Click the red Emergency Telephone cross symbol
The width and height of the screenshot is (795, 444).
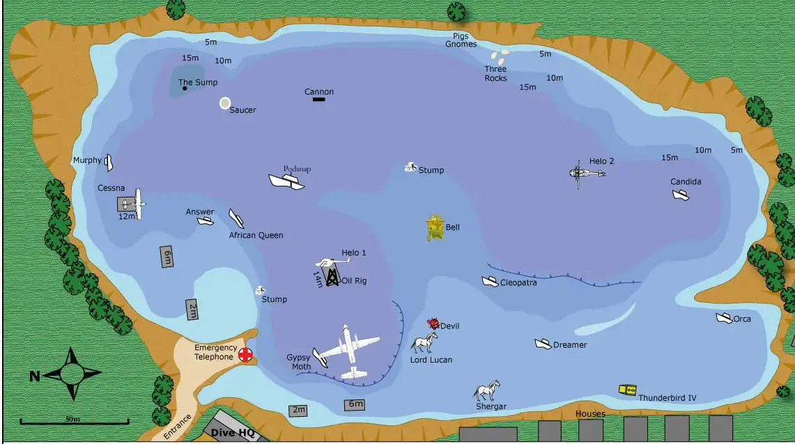[x=245, y=354]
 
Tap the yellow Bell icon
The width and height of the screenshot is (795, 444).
[x=435, y=228]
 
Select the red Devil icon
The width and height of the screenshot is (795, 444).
[x=433, y=324]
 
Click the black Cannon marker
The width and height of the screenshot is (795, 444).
[x=319, y=100]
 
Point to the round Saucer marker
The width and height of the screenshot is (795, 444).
[x=225, y=103]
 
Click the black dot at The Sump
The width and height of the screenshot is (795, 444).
[x=184, y=88]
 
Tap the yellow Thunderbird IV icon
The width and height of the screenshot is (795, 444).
[x=627, y=390]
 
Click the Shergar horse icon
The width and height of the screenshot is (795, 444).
[x=487, y=390]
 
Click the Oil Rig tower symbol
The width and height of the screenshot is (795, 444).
[x=332, y=276]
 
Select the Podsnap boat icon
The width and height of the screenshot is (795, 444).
[x=286, y=181]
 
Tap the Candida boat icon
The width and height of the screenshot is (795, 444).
[x=680, y=195]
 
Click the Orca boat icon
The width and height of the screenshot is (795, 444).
[x=723, y=318]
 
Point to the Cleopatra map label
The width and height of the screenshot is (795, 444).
[x=518, y=283]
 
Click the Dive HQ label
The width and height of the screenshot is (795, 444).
[x=232, y=433]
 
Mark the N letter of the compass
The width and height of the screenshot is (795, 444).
[x=34, y=376]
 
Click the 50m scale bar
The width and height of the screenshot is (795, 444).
[x=74, y=421]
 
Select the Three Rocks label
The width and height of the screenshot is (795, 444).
[x=495, y=74]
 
